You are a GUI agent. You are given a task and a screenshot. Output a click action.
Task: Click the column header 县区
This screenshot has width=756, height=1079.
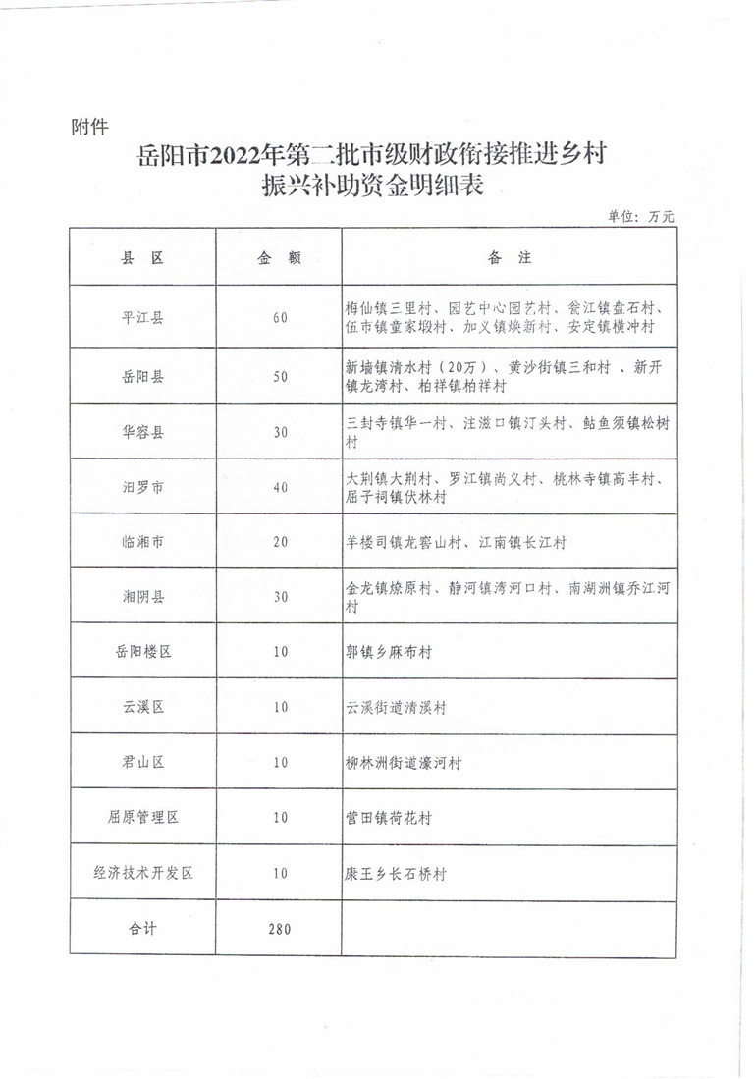click(x=142, y=258)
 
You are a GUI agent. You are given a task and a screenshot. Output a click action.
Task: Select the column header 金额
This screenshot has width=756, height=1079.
click(x=279, y=258)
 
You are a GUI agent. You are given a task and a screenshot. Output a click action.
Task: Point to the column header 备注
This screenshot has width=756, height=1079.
click(x=509, y=258)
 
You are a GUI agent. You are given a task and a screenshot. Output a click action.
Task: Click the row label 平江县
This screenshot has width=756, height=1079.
click(x=142, y=317)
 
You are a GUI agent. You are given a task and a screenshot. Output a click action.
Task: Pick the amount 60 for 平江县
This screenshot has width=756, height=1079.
click(x=279, y=317)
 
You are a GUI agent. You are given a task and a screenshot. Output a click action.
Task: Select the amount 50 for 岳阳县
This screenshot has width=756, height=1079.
click(x=279, y=377)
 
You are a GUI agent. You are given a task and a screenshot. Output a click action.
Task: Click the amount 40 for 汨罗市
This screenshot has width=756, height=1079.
click(x=279, y=488)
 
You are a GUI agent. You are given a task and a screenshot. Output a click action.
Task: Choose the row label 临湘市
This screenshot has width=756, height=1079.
click(x=142, y=542)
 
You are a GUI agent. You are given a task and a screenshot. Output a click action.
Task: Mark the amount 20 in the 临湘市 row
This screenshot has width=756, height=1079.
click(x=279, y=542)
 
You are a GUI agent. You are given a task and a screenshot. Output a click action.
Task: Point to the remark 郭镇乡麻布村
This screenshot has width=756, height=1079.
click(x=389, y=651)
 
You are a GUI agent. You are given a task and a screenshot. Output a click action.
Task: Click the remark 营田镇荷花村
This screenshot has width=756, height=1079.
click(x=389, y=817)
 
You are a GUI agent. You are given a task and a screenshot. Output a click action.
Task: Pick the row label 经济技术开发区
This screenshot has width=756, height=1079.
click(x=142, y=872)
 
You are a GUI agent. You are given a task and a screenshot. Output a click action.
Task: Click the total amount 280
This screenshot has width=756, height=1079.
click(x=279, y=927)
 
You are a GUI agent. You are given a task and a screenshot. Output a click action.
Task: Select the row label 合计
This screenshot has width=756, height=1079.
click(x=142, y=927)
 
